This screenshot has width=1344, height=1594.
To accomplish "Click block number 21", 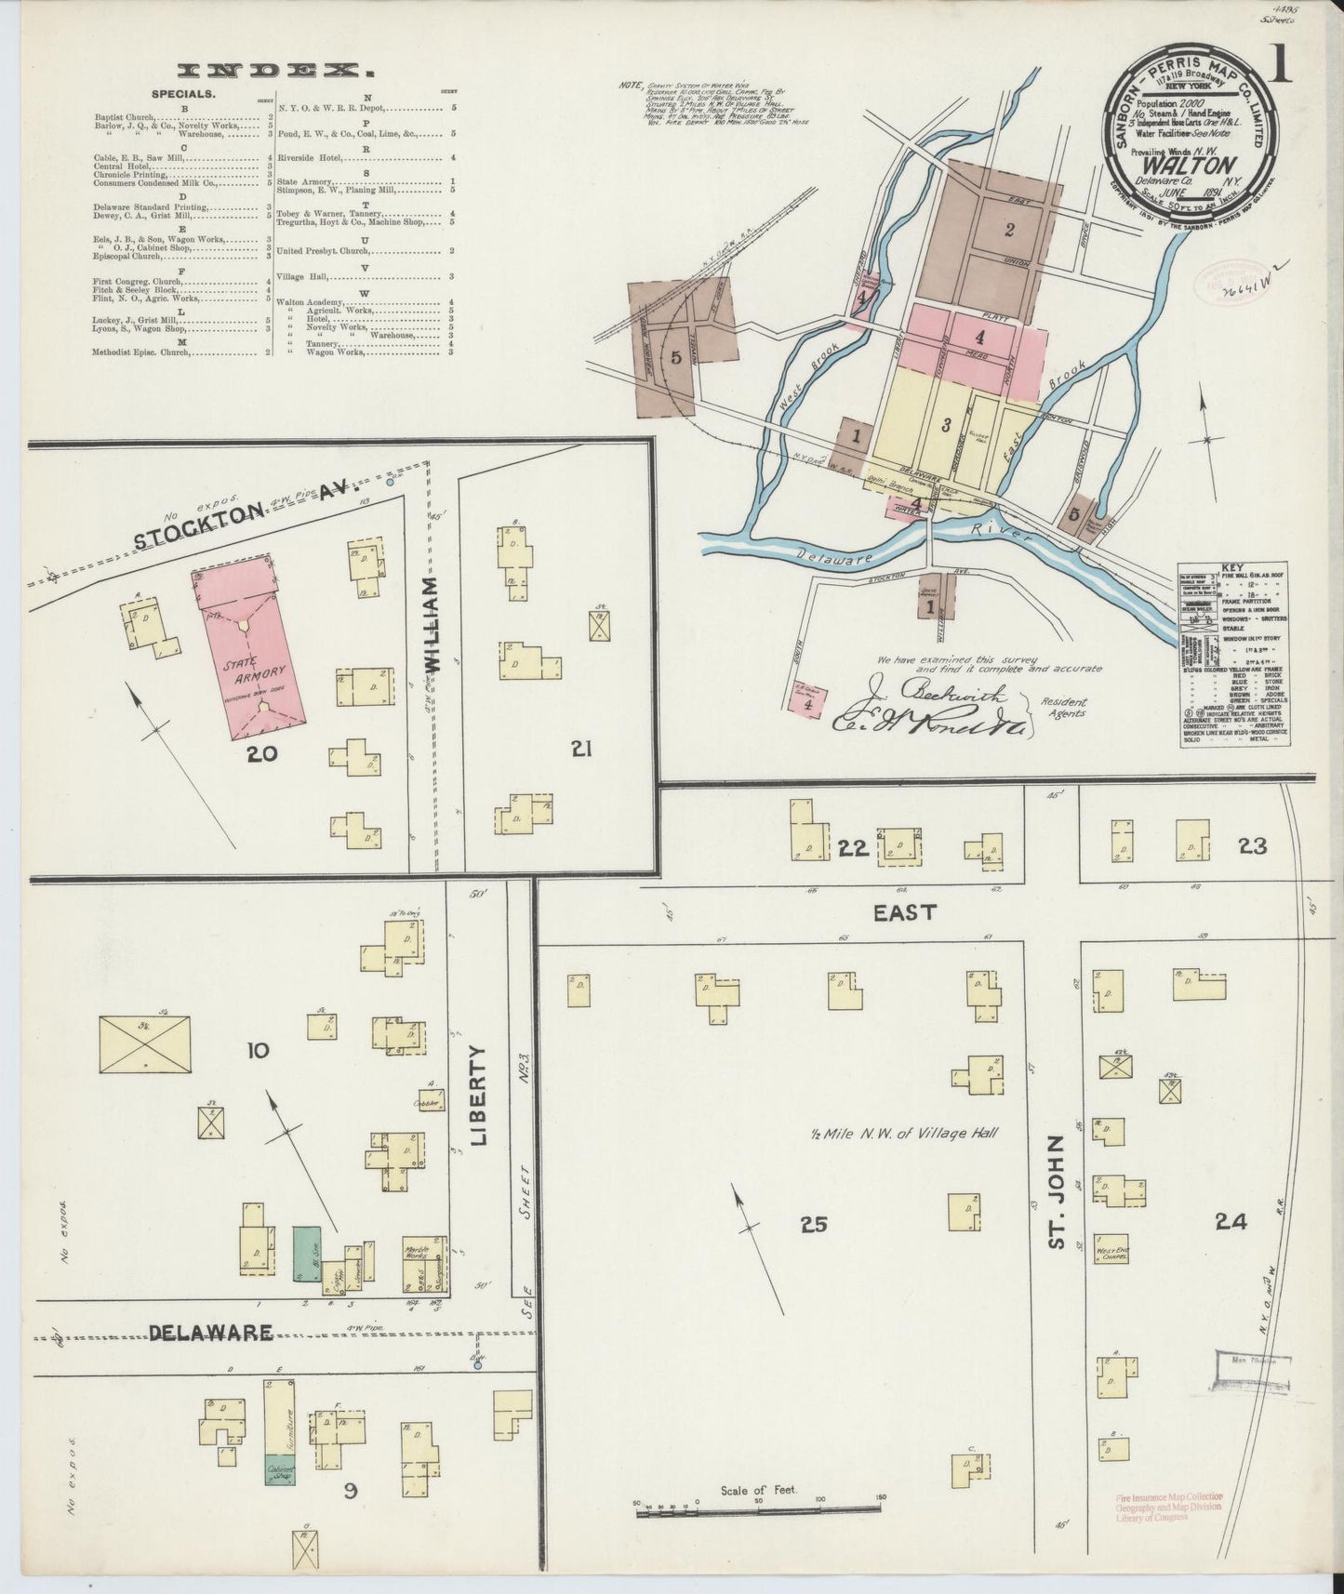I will (x=581, y=749).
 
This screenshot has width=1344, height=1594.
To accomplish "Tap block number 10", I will (x=258, y=1051).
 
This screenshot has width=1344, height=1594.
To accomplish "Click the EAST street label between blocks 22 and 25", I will (x=904, y=913).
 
